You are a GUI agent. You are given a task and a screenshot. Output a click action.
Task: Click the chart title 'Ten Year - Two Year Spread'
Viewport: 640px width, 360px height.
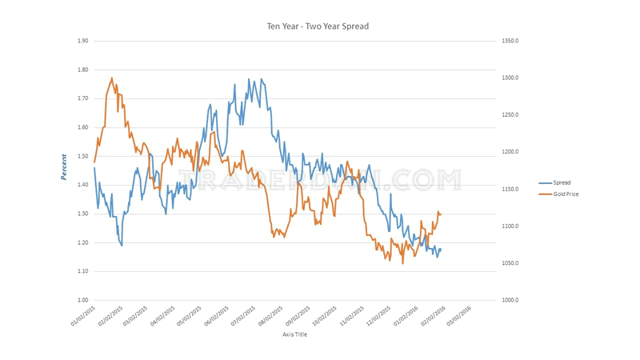pyautogui.click(x=318, y=26)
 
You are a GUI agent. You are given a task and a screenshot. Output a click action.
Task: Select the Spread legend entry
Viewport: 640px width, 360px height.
pyautogui.click(x=561, y=183)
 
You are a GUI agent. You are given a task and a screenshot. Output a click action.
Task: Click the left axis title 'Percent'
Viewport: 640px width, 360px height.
pyautogui.click(x=63, y=166)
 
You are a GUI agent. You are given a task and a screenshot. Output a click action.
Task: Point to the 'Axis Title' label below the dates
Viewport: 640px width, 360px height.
pyautogui.click(x=294, y=334)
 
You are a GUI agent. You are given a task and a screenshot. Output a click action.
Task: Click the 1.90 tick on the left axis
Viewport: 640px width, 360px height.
pyautogui.click(x=82, y=41)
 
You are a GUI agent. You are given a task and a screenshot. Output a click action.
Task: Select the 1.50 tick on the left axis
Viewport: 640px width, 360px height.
pyautogui.click(x=82, y=156)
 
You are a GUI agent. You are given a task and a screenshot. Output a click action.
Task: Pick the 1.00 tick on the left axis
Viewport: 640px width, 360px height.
pyautogui.click(x=82, y=300)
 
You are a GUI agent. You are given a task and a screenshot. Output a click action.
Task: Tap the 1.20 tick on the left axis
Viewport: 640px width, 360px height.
pyautogui.click(x=82, y=242)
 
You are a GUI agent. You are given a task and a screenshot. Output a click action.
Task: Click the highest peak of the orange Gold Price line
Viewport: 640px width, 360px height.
pyautogui.click(x=111, y=78)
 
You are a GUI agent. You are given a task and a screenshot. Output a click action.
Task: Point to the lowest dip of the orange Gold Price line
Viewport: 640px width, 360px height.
pyautogui.click(x=402, y=263)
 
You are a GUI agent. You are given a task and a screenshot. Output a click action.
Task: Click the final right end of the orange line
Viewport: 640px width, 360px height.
pyautogui.click(x=441, y=214)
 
